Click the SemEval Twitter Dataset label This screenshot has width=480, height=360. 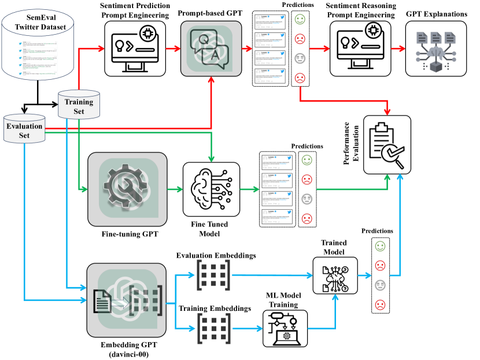click(41, 21)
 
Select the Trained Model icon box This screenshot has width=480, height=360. click(335, 273)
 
